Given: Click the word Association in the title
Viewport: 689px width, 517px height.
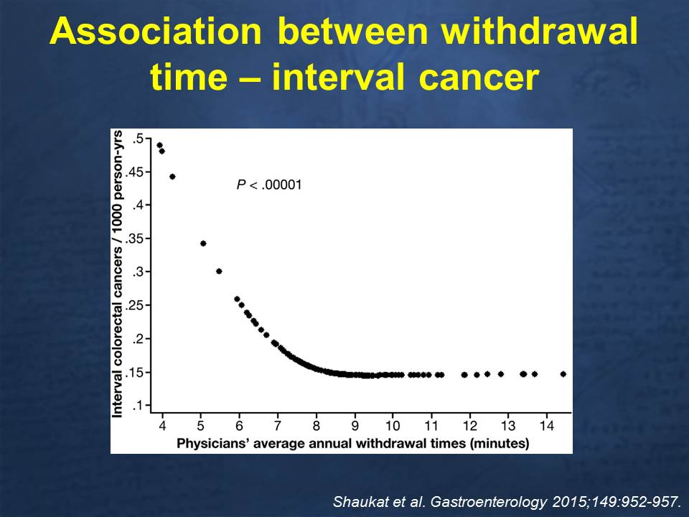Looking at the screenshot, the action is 156,31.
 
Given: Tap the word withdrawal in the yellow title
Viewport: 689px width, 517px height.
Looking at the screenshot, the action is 540,31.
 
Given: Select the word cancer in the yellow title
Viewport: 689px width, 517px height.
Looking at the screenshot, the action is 479,77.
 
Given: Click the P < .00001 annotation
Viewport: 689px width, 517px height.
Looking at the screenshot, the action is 269,185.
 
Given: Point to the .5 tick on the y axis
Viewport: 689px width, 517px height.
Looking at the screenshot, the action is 139,139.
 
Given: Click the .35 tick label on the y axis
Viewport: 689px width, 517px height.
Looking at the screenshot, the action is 135,238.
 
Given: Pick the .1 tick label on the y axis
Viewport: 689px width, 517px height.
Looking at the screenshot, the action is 139,405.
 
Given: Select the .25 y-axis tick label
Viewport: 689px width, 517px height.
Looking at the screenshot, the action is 135,306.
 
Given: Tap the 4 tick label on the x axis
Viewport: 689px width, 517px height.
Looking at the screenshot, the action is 163,426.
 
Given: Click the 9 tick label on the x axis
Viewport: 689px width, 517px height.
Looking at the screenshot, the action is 355,426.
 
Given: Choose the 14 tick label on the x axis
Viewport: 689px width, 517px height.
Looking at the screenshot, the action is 547,426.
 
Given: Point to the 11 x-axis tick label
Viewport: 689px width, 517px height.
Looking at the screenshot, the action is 431,426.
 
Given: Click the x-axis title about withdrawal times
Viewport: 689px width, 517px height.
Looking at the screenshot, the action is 353,443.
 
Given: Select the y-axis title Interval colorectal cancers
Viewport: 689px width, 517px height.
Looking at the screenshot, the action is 117,274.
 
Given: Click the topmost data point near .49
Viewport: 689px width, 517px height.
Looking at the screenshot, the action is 159,145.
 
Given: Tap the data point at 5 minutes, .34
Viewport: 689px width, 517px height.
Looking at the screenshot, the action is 203,243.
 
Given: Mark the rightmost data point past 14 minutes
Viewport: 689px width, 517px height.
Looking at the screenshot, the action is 563,374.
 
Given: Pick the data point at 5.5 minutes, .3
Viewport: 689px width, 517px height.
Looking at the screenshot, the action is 219,271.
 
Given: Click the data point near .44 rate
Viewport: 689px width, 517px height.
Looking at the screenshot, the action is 172,177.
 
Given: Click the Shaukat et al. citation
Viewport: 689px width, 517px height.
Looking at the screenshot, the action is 507,502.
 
